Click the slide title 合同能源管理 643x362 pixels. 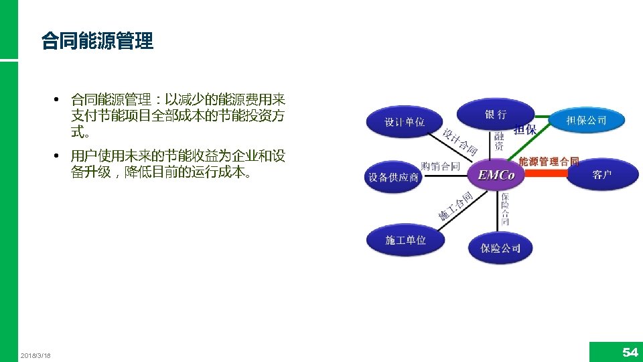point(97,42)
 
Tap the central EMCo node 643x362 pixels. point(496,176)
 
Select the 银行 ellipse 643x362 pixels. point(495,115)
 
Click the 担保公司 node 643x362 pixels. point(586,121)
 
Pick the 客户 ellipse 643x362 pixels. point(601,175)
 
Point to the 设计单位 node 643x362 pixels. point(405,122)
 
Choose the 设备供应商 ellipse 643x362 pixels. point(393,178)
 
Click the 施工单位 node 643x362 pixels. point(405,240)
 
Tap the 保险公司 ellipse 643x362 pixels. point(500,248)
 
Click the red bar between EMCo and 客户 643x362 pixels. point(545,173)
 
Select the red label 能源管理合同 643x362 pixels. point(549,162)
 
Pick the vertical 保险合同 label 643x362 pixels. point(505,208)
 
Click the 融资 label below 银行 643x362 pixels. point(499,140)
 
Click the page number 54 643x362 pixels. point(630,352)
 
